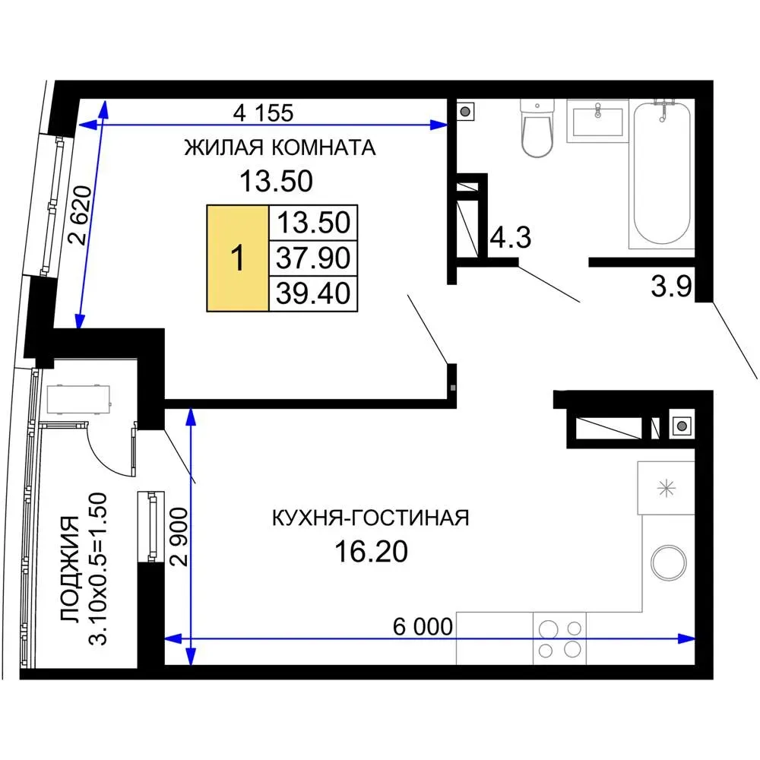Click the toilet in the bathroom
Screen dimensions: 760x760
coord(537,128)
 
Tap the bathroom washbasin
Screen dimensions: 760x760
coord(597,121)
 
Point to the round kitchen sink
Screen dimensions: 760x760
coord(669,563)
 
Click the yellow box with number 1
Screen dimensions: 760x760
coord(237,258)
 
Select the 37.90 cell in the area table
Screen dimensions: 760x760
coord(313,258)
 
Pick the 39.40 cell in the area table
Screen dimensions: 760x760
coord(313,293)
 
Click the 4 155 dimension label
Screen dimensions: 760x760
coord(263,113)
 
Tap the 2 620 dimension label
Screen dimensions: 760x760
coord(81,215)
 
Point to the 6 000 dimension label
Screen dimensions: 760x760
coord(423,626)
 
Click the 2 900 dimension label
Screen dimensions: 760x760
coord(179,537)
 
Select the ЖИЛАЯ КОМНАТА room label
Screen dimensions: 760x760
coord(280,147)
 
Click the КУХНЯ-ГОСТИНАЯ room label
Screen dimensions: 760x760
coord(371,518)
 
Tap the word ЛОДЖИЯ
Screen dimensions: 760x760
coord(70,569)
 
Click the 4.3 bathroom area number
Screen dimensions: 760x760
coord(511,237)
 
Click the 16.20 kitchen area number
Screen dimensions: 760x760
coord(372,552)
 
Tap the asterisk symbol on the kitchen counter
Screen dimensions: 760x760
coord(666,488)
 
